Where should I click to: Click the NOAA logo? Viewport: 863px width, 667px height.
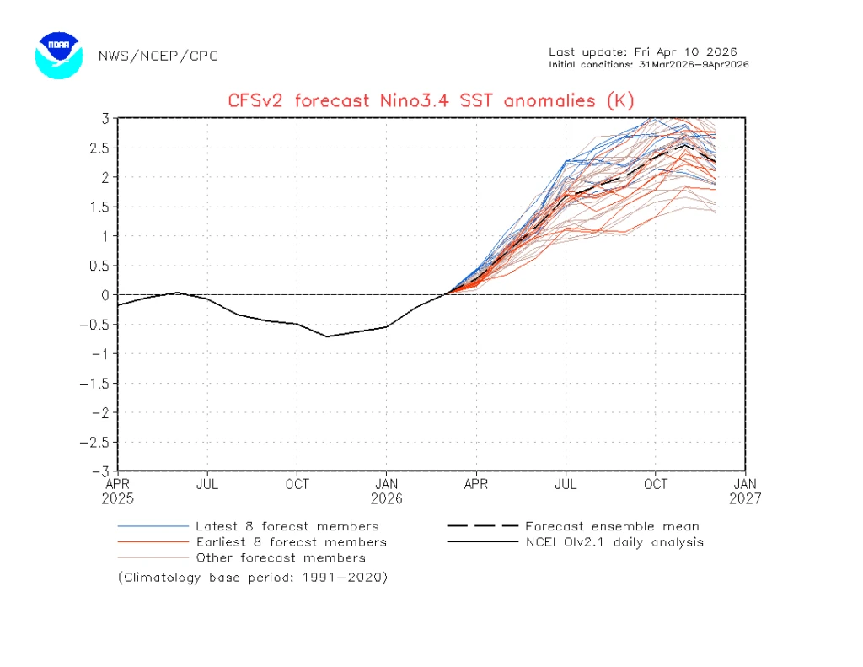coord(58,56)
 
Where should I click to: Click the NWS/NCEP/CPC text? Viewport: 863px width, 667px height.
coord(158,56)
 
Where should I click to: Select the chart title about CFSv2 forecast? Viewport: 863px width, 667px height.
coord(431,101)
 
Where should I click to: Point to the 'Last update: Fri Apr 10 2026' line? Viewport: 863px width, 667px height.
coord(643,52)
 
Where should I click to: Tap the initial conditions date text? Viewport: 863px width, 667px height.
coord(649,64)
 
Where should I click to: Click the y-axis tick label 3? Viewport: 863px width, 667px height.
coord(105,118)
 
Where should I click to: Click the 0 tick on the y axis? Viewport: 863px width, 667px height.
coord(105,294)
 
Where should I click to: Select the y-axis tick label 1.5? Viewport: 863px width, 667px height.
coord(100,207)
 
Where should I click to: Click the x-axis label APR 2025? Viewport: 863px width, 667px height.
coord(117,491)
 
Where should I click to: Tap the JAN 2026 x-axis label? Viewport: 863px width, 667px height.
coord(387,491)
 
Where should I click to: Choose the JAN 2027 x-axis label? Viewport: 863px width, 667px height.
coord(745,491)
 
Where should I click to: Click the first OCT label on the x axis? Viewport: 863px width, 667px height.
coord(297,484)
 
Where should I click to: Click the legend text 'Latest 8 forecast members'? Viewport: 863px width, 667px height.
coord(287,527)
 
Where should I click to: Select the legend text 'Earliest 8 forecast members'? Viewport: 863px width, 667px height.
coord(291,542)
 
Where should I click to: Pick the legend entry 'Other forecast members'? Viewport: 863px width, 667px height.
coord(281,557)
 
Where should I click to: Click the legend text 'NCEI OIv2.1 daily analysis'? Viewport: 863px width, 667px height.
coord(614,542)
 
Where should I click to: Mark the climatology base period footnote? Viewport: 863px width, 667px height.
coord(253,578)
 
